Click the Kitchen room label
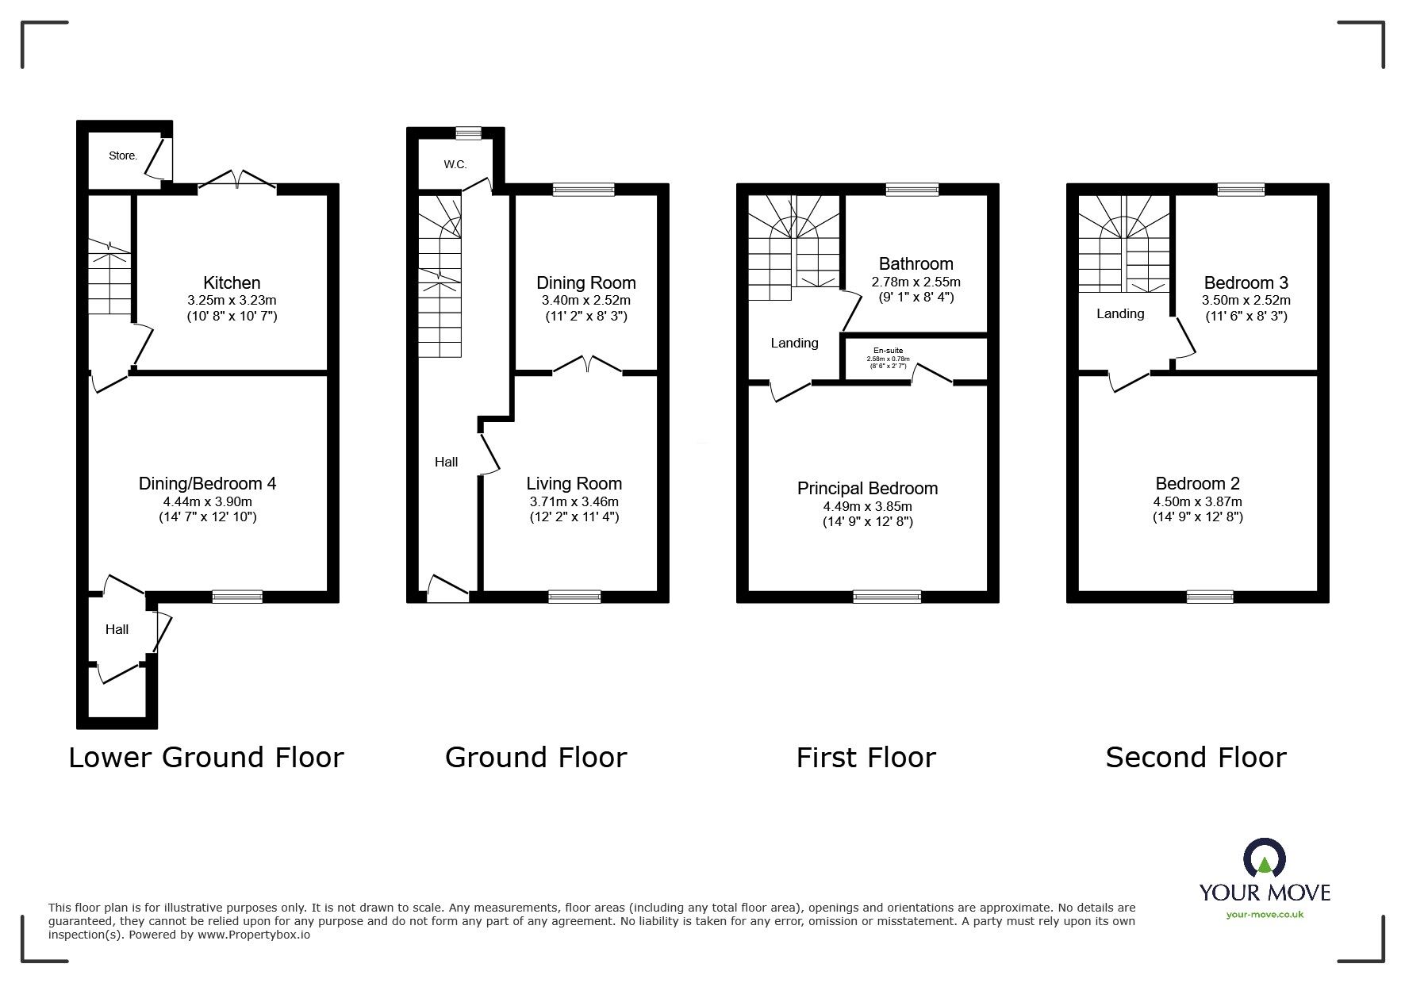click(x=232, y=282)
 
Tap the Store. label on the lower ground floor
click(x=123, y=156)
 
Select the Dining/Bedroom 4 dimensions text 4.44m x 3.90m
click(x=207, y=501)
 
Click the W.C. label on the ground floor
click(x=455, y=164)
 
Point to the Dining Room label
click(x=585, y=282)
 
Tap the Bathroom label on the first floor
click(x=916, y=263)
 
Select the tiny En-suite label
click(x=888, y=351)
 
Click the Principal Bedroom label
click(x=867, y=488)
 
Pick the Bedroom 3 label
click(x=1246, y=282)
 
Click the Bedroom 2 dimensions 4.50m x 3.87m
click(x=1197, y=501)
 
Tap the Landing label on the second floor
click(x=1119, y=313)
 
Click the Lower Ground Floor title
click(x=206, y=757)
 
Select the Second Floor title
click(x=1196, y=757)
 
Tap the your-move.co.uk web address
click(x=1265, y=915)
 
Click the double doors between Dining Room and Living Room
click(x=586, y=365)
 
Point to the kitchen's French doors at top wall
click(x=236, y=180)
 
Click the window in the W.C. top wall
click(x=468, y=132)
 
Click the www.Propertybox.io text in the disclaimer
click(x=253, y=935)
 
